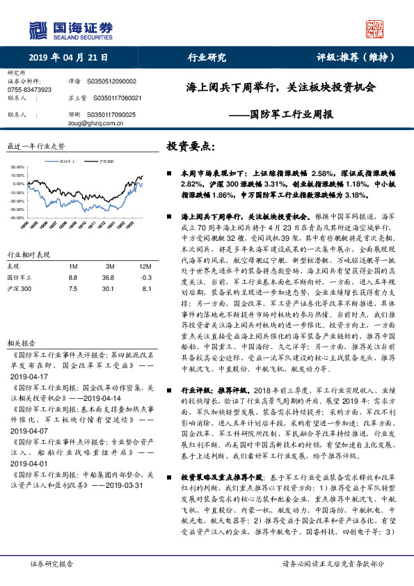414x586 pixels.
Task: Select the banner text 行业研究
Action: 207,58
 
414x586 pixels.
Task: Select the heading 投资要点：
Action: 191,146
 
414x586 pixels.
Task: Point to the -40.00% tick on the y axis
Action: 18,218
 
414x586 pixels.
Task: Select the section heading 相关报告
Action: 19,324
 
